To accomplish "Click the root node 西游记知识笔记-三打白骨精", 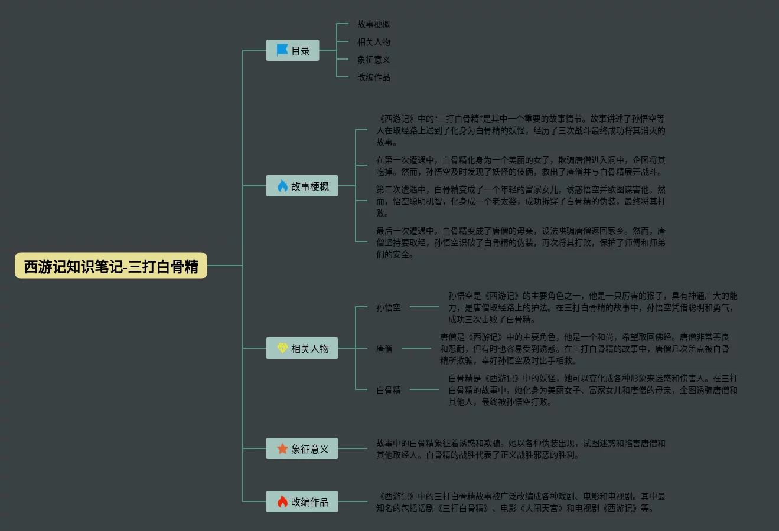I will pos(111,266).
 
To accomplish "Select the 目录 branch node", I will pos(293,51).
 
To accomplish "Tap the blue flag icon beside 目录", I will pos(282,51).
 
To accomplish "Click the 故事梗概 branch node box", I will pos(302,186).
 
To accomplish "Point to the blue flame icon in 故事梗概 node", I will pos(282,186).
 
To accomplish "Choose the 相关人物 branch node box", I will pos(302,349).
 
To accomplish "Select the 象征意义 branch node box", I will pos(302,449).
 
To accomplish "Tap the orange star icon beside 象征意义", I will pos(282,449).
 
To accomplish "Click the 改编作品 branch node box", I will pos(302,502).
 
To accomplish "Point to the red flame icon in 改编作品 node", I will pos(282,502).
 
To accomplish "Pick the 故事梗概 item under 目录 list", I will pos(373,24).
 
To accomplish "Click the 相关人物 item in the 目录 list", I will pos(373,42).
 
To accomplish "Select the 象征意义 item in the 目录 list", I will pos(373,60).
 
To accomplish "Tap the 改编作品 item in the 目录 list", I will pos(373,77).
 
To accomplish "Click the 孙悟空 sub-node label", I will pos(389,307).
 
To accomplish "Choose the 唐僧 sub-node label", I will pos(384,349).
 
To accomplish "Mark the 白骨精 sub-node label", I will pos(389,390).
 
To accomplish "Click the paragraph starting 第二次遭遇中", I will pos(521,201).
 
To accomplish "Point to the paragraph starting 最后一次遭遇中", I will pos(521,242).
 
